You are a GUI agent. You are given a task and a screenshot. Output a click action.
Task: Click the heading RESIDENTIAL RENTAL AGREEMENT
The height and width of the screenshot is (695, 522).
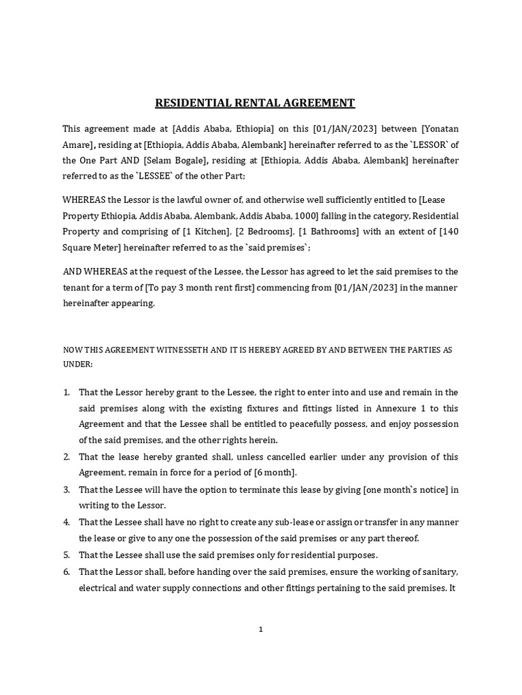coord(255,103)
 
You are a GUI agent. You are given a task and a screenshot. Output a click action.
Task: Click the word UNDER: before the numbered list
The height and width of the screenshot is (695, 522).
coord(77,364)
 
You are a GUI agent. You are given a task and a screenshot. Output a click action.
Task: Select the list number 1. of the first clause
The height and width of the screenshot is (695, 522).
coord(67,392)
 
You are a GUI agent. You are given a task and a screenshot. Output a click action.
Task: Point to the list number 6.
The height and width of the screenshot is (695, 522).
coord(67,571)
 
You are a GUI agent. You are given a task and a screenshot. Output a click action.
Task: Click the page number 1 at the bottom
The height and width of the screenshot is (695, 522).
coord(260,629)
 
